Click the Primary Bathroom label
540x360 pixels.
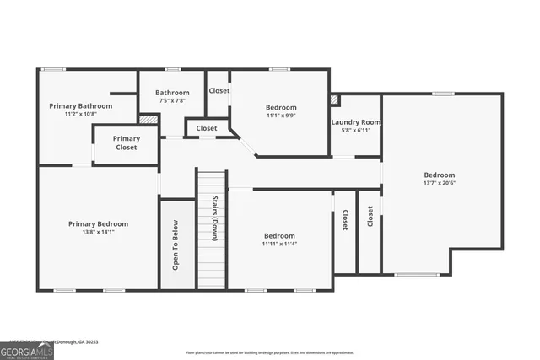pyautogui.click(x=80, y=106)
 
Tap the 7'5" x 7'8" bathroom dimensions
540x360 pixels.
pyautogui.click(x=171, y=100)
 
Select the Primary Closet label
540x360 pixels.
pyautogui.click(x=126, y=142)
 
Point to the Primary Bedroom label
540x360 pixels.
pyautogui.click(x=98, y=223)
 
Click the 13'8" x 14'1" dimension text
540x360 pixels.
pyautogui.click(x=98, y=232)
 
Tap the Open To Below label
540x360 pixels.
pyautogui.click(x=175, y=244)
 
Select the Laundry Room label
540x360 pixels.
pyautogui.click(x=355, y=122)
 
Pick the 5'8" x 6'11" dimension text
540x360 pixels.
pyautogui.click(x=355, y=130)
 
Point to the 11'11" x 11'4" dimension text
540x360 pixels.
pyautogui.click(x=279, y=244)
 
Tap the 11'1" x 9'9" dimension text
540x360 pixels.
pyautogui.click(x=281, y=116)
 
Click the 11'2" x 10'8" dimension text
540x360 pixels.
pyautogui.click(x=80, y=114)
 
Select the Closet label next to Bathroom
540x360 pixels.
pyautogui.click(x=219, y=90)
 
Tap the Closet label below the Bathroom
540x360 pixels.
pyautogui.click(x=207, y=128)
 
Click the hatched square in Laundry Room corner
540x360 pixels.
pyautogui.click(x=335, y=99)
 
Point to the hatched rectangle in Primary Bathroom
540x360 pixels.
pyautogui.click(x=148, y=119)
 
